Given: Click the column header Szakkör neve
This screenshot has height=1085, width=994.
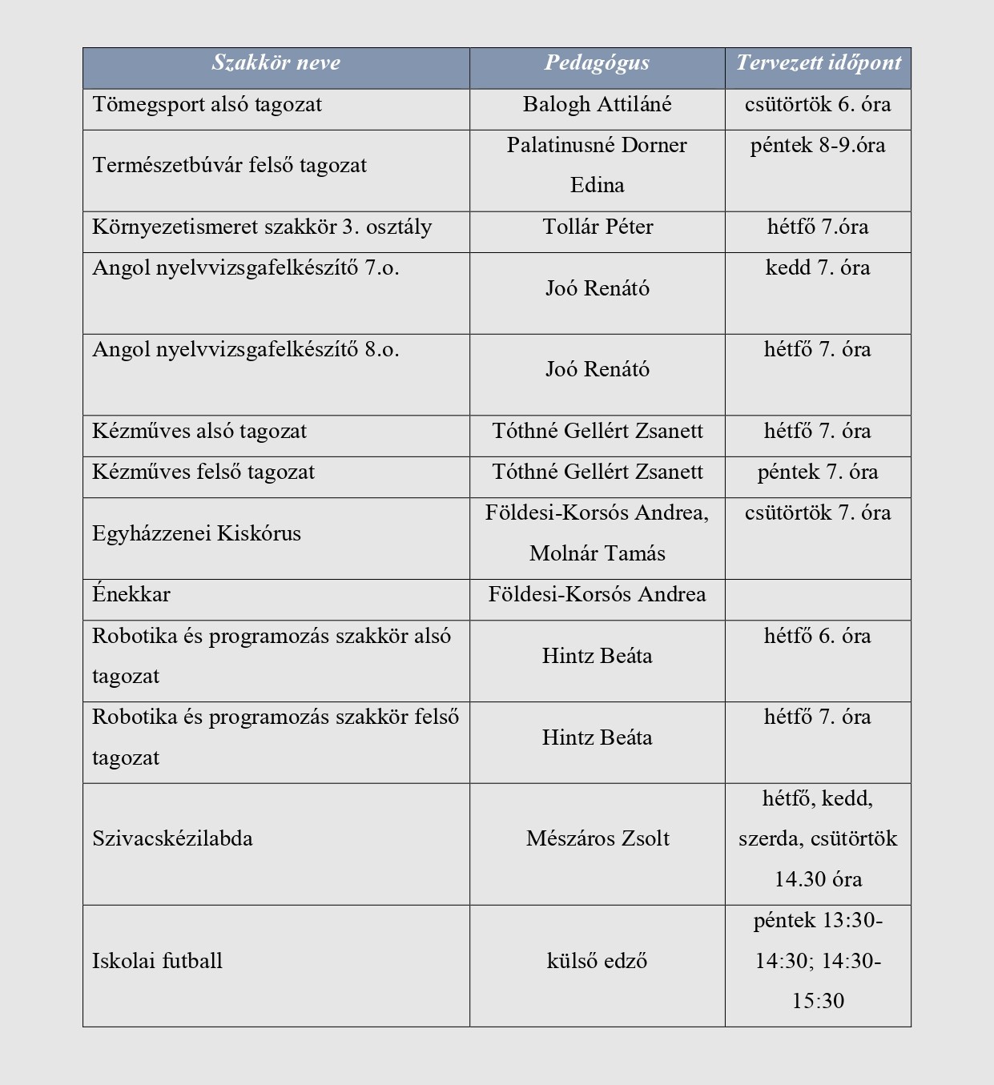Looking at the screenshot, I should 276,63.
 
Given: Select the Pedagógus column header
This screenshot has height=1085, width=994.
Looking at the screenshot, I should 597,63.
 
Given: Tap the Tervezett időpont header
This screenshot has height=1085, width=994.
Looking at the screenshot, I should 818,63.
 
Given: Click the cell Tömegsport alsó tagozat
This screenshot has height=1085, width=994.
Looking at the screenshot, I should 207,105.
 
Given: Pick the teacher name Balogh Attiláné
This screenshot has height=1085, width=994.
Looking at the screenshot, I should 597,105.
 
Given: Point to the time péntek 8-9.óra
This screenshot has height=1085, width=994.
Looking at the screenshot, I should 818,146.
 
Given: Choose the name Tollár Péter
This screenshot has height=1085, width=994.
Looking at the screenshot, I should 598,227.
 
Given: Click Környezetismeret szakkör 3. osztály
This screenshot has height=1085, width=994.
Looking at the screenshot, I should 262,227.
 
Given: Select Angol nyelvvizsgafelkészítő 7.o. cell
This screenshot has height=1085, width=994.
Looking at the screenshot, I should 246,268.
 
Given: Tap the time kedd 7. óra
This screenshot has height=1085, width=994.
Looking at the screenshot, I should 818,268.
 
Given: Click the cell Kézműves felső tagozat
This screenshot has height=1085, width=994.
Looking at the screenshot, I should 203,472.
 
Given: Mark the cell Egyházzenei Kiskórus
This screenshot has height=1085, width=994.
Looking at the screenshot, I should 197,534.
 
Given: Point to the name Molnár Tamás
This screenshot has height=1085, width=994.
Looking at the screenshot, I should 597,554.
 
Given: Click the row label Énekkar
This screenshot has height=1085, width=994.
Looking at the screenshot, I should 131,595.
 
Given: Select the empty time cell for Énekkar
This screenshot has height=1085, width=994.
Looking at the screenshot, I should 818,600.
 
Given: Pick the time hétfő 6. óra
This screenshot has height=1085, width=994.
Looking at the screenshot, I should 818,637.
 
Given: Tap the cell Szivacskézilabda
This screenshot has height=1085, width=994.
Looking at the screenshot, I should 172,839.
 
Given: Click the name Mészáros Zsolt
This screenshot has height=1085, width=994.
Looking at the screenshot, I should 598,839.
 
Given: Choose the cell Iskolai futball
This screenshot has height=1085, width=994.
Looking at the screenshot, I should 158,962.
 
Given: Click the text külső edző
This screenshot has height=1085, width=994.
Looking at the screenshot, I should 597,962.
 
